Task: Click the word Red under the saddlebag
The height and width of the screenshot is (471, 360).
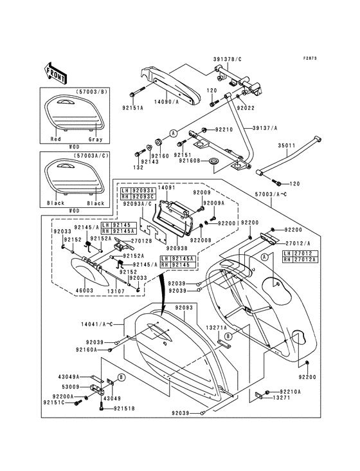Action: click(56, 138)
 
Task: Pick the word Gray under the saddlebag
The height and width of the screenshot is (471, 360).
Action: click(95, 138)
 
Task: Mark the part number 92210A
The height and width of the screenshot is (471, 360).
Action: click(290, 391)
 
